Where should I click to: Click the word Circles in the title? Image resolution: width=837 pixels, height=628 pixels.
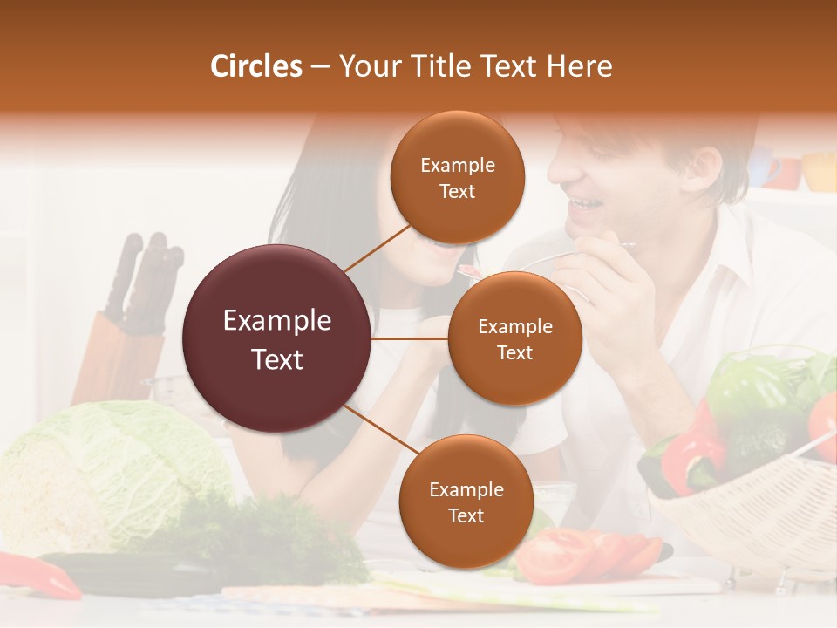(255, 66)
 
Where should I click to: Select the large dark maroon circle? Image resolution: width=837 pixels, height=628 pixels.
(276, 338)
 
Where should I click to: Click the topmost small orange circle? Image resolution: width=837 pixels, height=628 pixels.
(457, 177)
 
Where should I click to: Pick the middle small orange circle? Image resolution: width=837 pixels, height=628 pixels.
(514, 338)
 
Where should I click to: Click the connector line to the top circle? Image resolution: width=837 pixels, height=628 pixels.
(377, 249)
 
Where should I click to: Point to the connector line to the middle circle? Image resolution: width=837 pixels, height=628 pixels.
(410, 338)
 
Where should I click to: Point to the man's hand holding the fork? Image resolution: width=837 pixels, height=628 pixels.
(602, 279)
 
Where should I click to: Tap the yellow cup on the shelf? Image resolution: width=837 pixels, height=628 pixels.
(820, 171)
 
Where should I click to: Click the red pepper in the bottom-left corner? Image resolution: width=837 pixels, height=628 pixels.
(39, 576)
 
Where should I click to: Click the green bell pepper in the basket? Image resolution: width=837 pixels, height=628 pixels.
(750, 392)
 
